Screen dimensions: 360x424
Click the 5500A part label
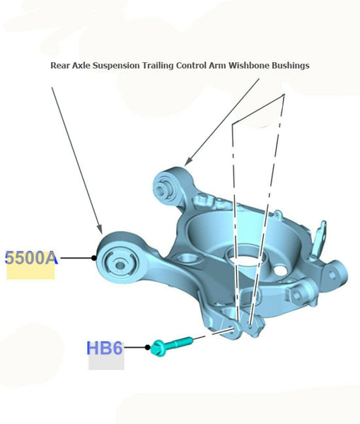(x=31, y=258)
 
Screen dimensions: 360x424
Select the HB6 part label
(x=105, y=348)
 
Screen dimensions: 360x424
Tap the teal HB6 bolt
(x=172, y=345)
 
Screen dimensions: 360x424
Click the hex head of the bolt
(x=158, y=348)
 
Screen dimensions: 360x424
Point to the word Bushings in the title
(x=290, y=66)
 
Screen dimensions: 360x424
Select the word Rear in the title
(x=60, y=66)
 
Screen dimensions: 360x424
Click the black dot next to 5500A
(x=94, y=258)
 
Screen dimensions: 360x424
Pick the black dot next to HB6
(x=147, y=347)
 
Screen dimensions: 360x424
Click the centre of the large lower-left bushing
(x=120, y=265)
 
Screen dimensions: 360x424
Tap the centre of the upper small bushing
(x=161, y=189)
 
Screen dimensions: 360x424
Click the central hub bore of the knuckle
(x=245, y=257)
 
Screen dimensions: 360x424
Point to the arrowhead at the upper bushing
(x=188, y=161)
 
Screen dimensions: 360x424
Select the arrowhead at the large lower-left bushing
(x=100, y=229)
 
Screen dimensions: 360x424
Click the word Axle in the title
(x=81, y=66)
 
